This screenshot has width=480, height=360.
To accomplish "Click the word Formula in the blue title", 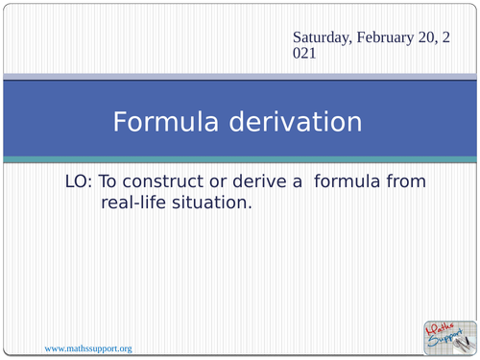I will (x=166, y=123).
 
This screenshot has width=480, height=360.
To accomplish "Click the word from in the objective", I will (x=407, y=180).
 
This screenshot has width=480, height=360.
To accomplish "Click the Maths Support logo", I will (x=447, y=335).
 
